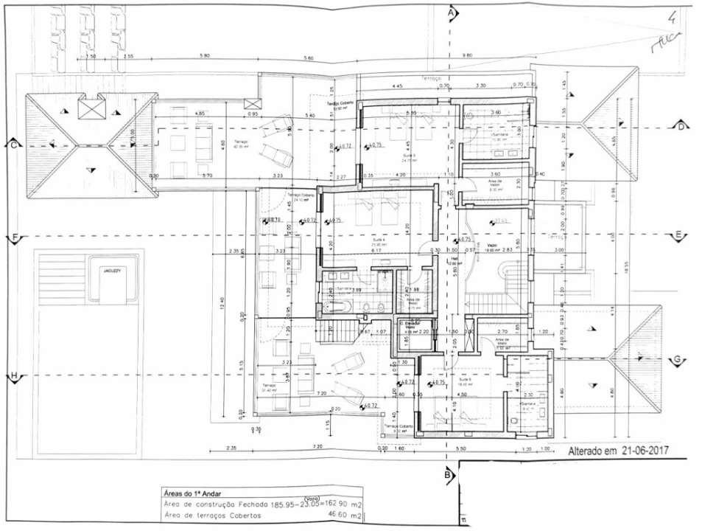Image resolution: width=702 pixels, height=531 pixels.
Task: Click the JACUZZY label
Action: [x=112, y=271]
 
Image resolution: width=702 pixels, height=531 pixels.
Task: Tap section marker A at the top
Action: [x=452, y=13]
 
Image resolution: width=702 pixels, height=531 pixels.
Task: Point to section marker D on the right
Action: [x=681, y=127]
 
